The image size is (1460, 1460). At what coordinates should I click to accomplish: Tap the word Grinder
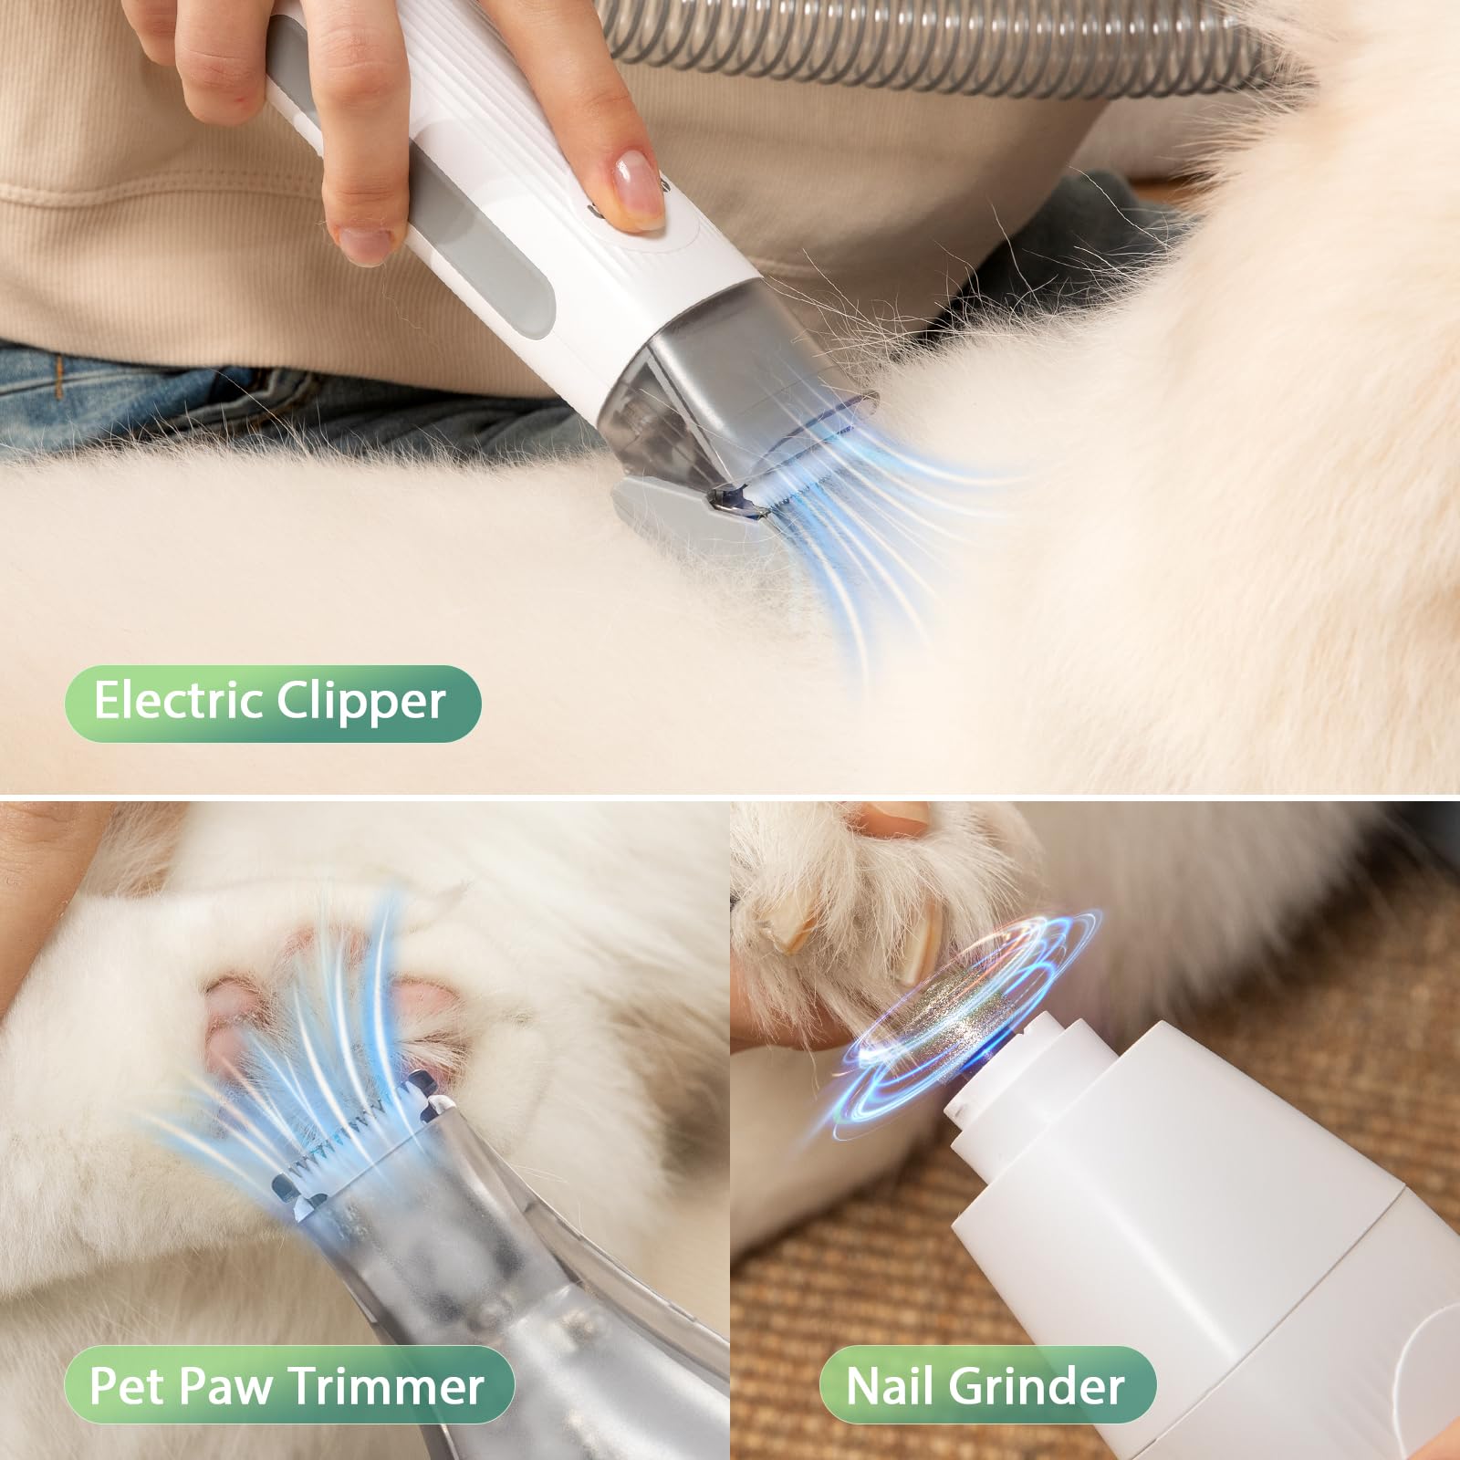coord(1036,1385)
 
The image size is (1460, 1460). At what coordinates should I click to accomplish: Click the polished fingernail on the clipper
coord(638,182)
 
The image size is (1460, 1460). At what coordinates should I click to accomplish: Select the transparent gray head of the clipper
coord(721,383)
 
